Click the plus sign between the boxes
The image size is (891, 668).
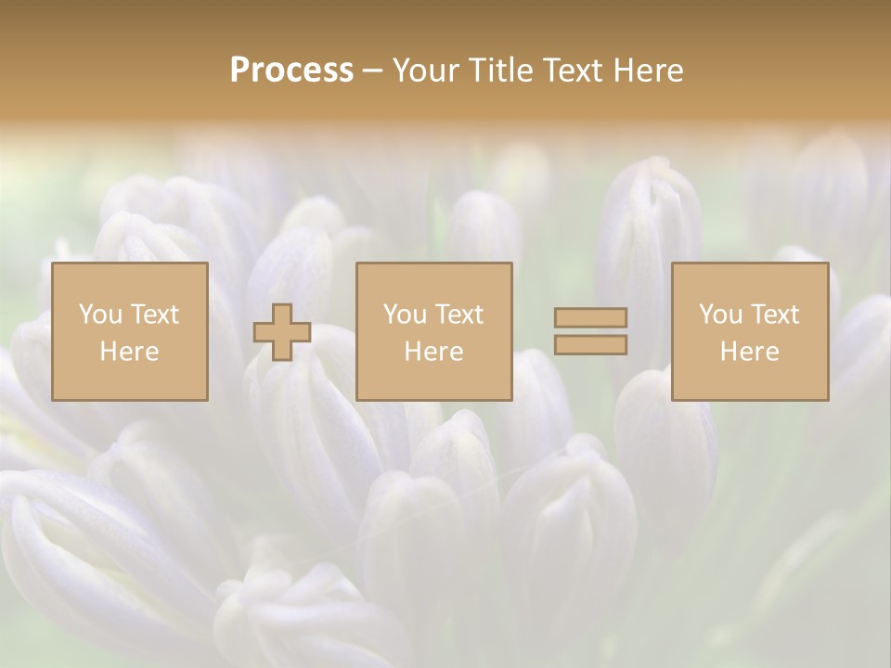tap(282, 332)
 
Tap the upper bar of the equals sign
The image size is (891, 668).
tap(590, 317)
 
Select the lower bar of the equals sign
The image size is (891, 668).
tap(590, 345)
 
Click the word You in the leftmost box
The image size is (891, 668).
tap(100, 315)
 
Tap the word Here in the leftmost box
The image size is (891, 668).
tap(129, 352)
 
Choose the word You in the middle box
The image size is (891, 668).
tap(405, 315)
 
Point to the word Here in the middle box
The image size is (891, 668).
tap(433, 352)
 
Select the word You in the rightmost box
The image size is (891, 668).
tap(720, 315)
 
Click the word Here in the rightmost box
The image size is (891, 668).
tap(749, 352)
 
